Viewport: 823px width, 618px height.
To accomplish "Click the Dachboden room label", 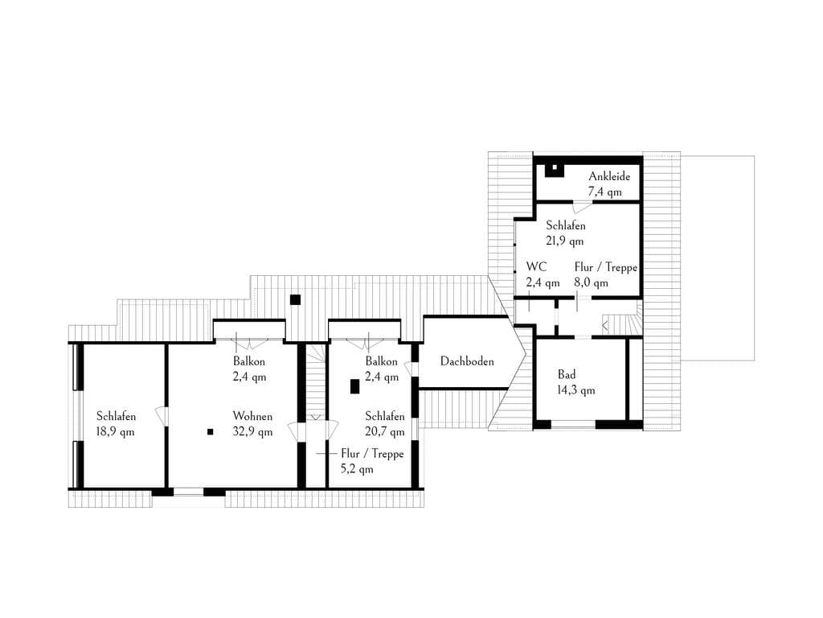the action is pyautogui.click(x=467, y=361).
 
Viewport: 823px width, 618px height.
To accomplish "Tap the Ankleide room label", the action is pyautogui.click(x=609, y=176).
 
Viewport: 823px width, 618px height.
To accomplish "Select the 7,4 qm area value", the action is pyautogui.click(x=604, y=192).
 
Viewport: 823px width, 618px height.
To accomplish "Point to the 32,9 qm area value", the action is pyautogui.click(x=252, y=432).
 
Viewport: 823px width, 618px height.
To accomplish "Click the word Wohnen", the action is pyautogui.click(x=252, y=416).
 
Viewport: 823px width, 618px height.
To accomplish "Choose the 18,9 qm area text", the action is pyautogui.click(x=115, y=432).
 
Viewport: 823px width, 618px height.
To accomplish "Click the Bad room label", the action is pyautogui.click(x=567, y=375).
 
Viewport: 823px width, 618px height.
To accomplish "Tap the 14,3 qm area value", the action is pyautogui.click(x=575, y=390).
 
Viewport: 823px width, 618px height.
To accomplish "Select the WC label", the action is pyautogui.click(x=536, y=267).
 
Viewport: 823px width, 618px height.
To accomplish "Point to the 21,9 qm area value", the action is pyautogui.click(x=565, y=241).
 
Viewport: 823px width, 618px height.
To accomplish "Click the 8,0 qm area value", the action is pyautogui.click(x=591, y=282).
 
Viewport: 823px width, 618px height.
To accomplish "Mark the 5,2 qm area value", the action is pyautogui.click(x=357, y=469).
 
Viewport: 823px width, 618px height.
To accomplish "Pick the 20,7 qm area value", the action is pyautogui.click(x=385, y=432).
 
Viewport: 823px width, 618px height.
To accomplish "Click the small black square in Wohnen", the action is pyautogui.click(x=210, y=432).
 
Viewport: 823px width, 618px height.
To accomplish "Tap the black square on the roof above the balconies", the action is pyautogui.click(x=295, y=299).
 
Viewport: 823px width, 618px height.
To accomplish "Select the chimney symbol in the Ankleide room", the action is pyautogui.click(x=554, y=170).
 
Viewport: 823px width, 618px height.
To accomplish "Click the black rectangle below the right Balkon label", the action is pyautogui.click(x=354, y=387).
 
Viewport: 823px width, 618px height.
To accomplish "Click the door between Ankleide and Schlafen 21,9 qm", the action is pyautogui.click(x=582, y=205).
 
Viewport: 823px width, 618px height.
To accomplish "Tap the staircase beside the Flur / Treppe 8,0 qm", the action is pyautogui.click(x=623, y=318).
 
